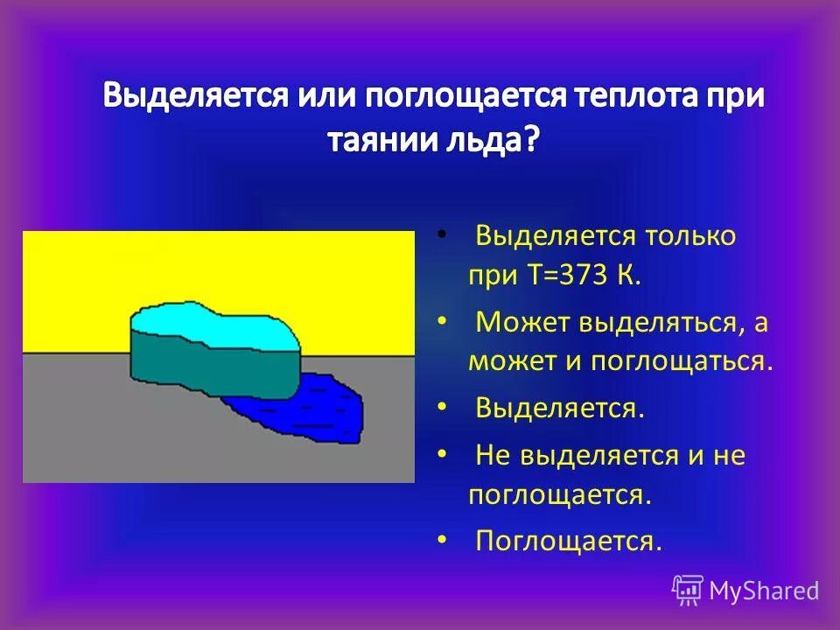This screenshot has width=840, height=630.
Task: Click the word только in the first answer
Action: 690,236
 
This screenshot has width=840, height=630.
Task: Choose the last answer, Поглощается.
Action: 568,540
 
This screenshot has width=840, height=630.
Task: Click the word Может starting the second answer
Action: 521,322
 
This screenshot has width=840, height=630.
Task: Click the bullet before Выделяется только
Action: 442,234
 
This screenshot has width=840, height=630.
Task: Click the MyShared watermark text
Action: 764,591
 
